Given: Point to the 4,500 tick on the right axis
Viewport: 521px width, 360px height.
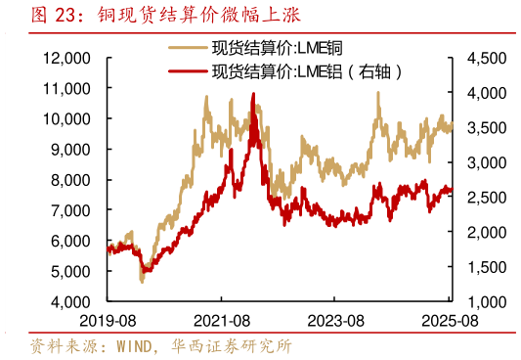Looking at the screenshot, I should pos(486,59).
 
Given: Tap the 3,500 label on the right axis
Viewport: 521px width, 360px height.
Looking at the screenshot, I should pos(486,128).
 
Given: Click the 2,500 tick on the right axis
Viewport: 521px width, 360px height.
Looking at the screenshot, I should pos(486,198).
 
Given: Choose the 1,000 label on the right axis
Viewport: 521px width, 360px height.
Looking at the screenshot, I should pos(486,301).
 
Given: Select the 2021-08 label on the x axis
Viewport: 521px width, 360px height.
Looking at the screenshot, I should pos(224,320).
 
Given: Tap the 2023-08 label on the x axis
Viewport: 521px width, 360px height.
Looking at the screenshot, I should pos(338,320).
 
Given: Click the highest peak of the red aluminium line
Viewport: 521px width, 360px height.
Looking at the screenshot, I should pos(254,94).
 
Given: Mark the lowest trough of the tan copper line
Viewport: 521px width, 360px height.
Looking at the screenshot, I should pos(142,282).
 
